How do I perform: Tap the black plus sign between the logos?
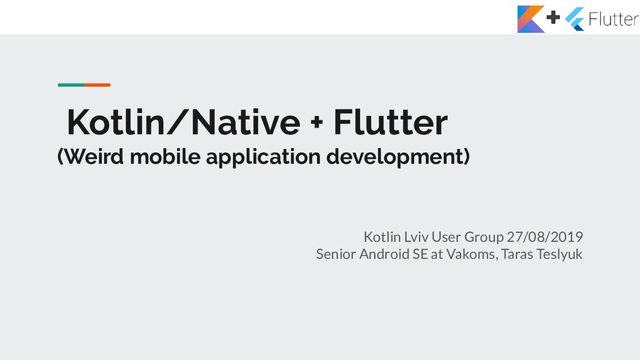pos(554,18)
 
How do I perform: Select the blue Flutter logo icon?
pos(574,19)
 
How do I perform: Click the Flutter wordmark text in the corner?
pos(613,19)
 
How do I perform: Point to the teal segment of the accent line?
pos(71,84)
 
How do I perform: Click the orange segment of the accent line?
pos(97,84)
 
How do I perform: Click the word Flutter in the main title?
pos(390,122)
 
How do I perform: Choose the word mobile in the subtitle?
pos(165,157)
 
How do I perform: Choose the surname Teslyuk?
pos(559,254)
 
